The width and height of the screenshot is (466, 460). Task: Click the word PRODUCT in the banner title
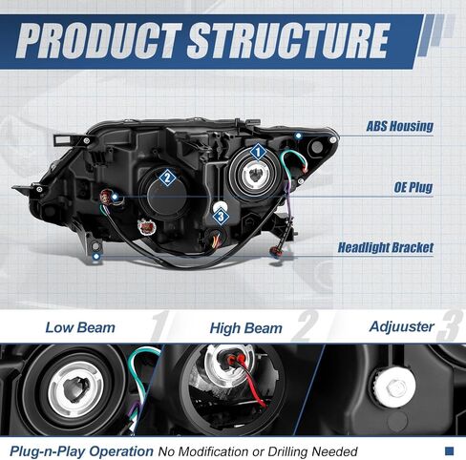[99, 41]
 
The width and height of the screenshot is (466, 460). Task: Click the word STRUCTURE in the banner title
[288, 41]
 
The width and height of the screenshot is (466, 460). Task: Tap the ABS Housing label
[400, 126]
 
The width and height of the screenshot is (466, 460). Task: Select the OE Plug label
[413, 187]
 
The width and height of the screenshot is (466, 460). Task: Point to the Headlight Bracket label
[386, 247]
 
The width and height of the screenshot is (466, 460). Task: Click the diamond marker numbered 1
[258, 152]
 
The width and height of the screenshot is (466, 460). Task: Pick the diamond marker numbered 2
[167, 178]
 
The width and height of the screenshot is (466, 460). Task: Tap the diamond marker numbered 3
[221, 217]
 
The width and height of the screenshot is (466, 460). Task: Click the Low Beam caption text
[80, 327]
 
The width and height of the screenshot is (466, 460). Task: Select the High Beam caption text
[245, 328]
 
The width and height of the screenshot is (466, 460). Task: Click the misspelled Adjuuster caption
[401, 326]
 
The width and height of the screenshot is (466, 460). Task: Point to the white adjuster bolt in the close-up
[394, 387]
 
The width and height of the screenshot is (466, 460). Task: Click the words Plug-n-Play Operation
[81, 451]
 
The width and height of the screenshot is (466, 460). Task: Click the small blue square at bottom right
[449, 450]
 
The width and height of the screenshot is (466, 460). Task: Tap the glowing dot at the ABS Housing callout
[298, 136]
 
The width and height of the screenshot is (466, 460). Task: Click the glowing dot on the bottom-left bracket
[96, 256]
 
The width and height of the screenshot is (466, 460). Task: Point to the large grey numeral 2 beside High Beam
[305, 325]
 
